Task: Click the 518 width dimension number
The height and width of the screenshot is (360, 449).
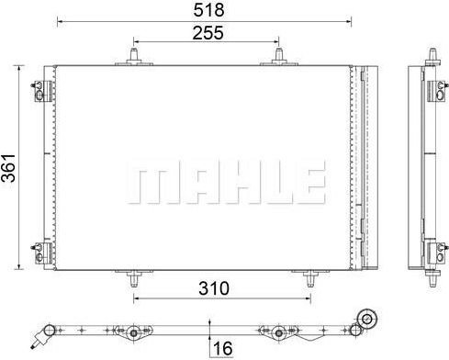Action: click(x=204, y=10)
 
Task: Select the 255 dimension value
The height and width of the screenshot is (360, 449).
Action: click(x=207, y=32)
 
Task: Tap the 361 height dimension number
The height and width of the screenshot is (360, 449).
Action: click(x=8, y=166)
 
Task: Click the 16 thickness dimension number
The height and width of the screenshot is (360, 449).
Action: click(x=221, y=348)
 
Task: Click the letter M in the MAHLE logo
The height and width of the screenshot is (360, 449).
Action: click(x=150, y=183)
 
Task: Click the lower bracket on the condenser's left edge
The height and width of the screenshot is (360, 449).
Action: click(x=39, y=250)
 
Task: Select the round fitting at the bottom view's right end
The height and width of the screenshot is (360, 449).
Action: click(x=368, y=319)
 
